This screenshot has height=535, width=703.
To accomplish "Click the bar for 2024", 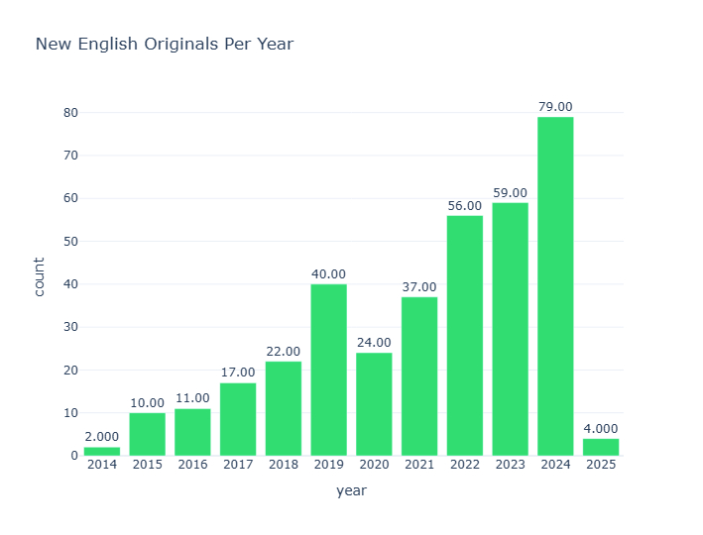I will point(555,286).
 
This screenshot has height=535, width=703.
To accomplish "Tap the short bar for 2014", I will point(102,452).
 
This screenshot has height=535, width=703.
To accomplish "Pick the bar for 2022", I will point(465,336).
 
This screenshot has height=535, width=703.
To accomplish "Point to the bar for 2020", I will point(374,404).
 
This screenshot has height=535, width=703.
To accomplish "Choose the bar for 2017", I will point(238,419).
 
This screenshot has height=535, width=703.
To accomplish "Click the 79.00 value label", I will point(555,107).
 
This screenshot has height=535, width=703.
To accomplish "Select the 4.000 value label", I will point(601,429).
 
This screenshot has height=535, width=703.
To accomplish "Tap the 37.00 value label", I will point(419,287).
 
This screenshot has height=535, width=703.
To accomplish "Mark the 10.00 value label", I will point(147,403).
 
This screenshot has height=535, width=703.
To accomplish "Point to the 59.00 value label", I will point(510,193).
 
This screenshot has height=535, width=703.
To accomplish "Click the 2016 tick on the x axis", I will point(192,465).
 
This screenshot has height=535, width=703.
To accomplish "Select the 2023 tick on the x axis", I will point(510,465).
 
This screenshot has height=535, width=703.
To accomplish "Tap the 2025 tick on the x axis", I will point(601,465).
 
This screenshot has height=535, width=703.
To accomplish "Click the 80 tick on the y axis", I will point(70,113).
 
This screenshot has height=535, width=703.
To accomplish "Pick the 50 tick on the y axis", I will point(70,242).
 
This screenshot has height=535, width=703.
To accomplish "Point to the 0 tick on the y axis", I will point(74,456).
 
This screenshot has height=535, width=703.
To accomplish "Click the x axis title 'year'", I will point(351,491).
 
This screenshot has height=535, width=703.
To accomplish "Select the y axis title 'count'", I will point(40,276).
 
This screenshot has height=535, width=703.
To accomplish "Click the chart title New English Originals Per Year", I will point(165,45).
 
